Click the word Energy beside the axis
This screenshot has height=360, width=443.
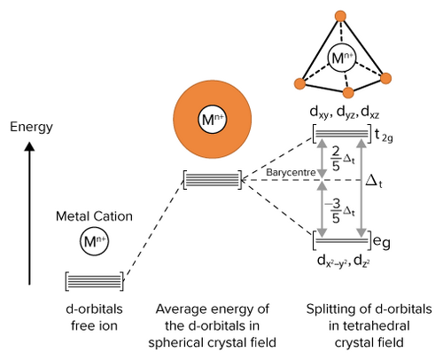tap(31, 128)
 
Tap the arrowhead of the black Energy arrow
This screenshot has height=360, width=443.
tap(29, 146)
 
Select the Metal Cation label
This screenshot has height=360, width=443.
tap(94, 216)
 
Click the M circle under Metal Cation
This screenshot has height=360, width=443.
tap(94, 241)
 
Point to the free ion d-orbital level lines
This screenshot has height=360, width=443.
tap(94, 281)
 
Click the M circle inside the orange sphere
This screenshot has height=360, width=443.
tap(212, 120)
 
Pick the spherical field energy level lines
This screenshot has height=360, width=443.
tap(213, 179)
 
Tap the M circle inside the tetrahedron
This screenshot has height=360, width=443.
tap(342, 58)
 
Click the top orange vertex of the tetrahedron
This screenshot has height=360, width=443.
tap(341, 16)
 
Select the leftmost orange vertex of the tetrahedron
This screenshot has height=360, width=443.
tap(299, 83)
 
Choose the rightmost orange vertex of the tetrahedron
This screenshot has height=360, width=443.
tap(385, 78)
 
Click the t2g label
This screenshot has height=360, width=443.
tap(384, 136)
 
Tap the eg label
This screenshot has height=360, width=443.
tap(382, 242)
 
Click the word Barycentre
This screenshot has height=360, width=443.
tap(291, 172)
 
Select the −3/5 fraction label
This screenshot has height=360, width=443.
tap(339, 211)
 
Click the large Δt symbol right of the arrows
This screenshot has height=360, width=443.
tap(374, 181)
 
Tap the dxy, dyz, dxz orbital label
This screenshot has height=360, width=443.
tap(345, 113)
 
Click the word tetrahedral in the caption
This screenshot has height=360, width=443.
tap(369, 326)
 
